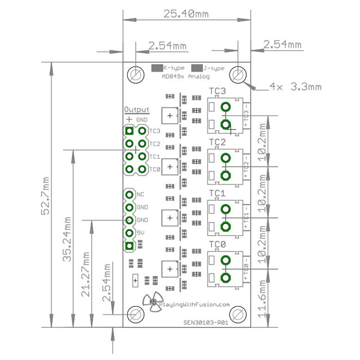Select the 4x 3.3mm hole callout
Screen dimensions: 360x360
click(x=295, y=87)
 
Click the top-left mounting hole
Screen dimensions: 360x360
click(x=136, y=75)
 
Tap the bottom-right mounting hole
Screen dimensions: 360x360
click(x=238, y=314)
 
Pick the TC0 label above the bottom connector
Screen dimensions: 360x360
click(x=217, y=244)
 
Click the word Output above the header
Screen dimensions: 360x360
click(x=137, y=109)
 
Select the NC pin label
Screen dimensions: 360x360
click(x=141, y=195)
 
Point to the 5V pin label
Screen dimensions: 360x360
click(x=141, y=232)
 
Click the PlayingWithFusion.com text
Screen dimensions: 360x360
click(x=195, y=304)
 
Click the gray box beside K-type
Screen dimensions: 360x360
click(x=156, y=68)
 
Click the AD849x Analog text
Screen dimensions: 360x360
click(x=185, y=76)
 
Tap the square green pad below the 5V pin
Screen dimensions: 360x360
click(x=129, y=246)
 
